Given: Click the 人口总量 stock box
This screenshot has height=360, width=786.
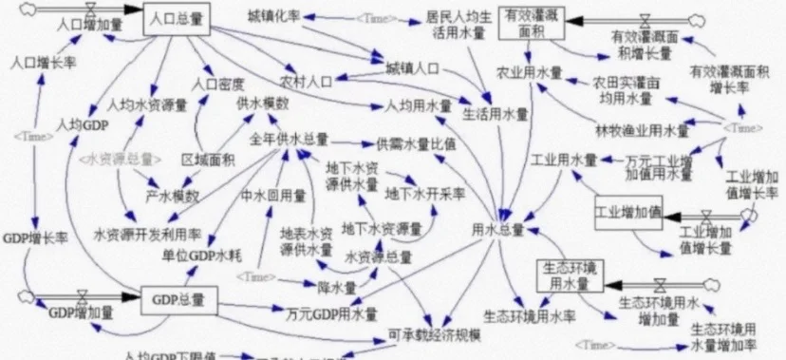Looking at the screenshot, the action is click(x=176, y=20).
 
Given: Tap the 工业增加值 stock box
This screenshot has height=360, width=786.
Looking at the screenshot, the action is click(x=627, y=212).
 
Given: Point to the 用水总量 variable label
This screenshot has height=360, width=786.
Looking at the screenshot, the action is click(x=493, y=230).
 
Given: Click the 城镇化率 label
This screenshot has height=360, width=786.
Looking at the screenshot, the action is click(x=274, y=18).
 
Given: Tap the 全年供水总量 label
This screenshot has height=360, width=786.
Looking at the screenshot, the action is click(x=289, y=140).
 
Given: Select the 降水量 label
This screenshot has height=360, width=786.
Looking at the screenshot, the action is click(x=337, y=286).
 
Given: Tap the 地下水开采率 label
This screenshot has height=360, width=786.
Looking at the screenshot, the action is click(x=425, y=193).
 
